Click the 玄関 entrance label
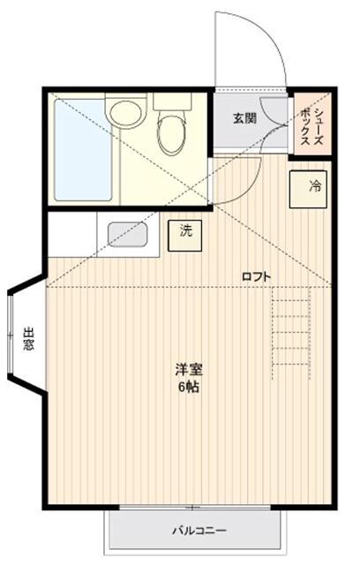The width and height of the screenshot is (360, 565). [x=244, y=117]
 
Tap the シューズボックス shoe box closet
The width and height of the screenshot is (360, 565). [x=311, y=124]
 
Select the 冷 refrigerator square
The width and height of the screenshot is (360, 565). [x=305, y=186]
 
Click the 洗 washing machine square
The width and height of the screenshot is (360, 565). [x=185, y=233]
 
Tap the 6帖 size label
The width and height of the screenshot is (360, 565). [x=186, y=388]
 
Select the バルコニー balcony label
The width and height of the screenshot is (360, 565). [x=199, y=531]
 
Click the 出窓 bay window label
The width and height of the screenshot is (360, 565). [x=29, y=340]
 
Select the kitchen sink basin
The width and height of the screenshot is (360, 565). [x=127, y=234]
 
